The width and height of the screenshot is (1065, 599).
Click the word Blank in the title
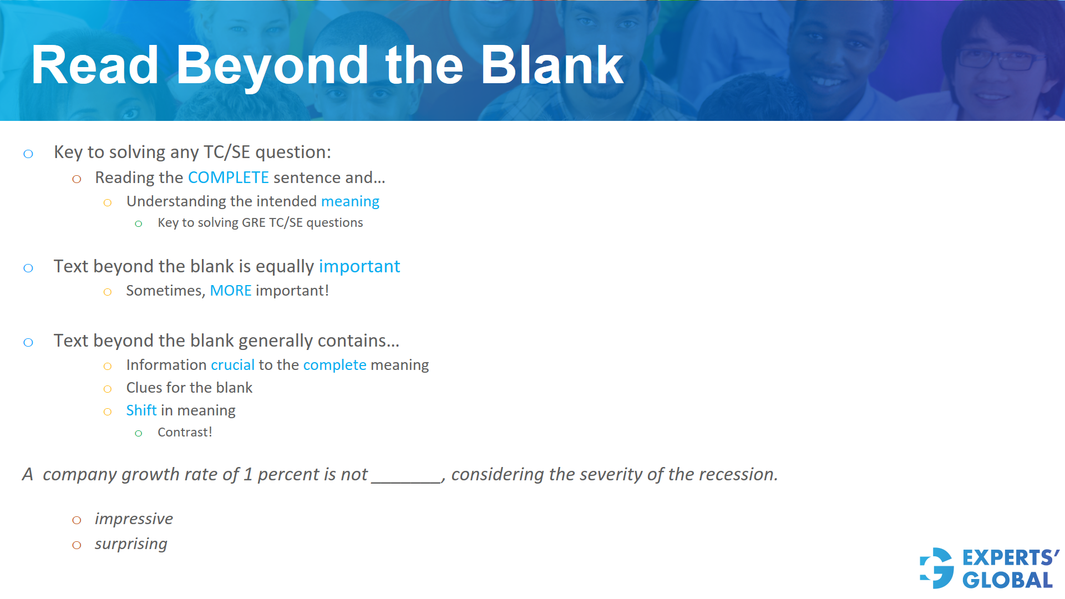[552, 65]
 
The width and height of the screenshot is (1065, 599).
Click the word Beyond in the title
[272, 67]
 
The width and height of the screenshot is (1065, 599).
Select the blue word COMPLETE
[228, 177]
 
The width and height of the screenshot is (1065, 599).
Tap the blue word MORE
[230, 291]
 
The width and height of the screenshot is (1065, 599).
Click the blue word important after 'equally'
[359, 267]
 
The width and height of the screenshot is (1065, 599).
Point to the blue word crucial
[232, 365]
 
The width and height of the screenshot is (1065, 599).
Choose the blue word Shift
[141, 410]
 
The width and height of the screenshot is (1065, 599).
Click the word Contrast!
[185, 432]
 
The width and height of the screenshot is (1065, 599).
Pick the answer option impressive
[134, 519]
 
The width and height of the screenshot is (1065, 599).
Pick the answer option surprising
[131, 544]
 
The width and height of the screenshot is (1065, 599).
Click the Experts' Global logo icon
[936, 568]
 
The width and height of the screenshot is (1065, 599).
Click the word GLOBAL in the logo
[1007, 580]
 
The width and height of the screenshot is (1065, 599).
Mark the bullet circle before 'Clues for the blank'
[108, 389]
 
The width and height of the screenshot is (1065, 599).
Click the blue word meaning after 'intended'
[350, 201]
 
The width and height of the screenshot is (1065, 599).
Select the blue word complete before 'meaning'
[334, 365]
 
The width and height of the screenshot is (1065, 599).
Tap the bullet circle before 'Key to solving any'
[28, 154]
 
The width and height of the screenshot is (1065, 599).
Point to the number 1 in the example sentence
[248, 474]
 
